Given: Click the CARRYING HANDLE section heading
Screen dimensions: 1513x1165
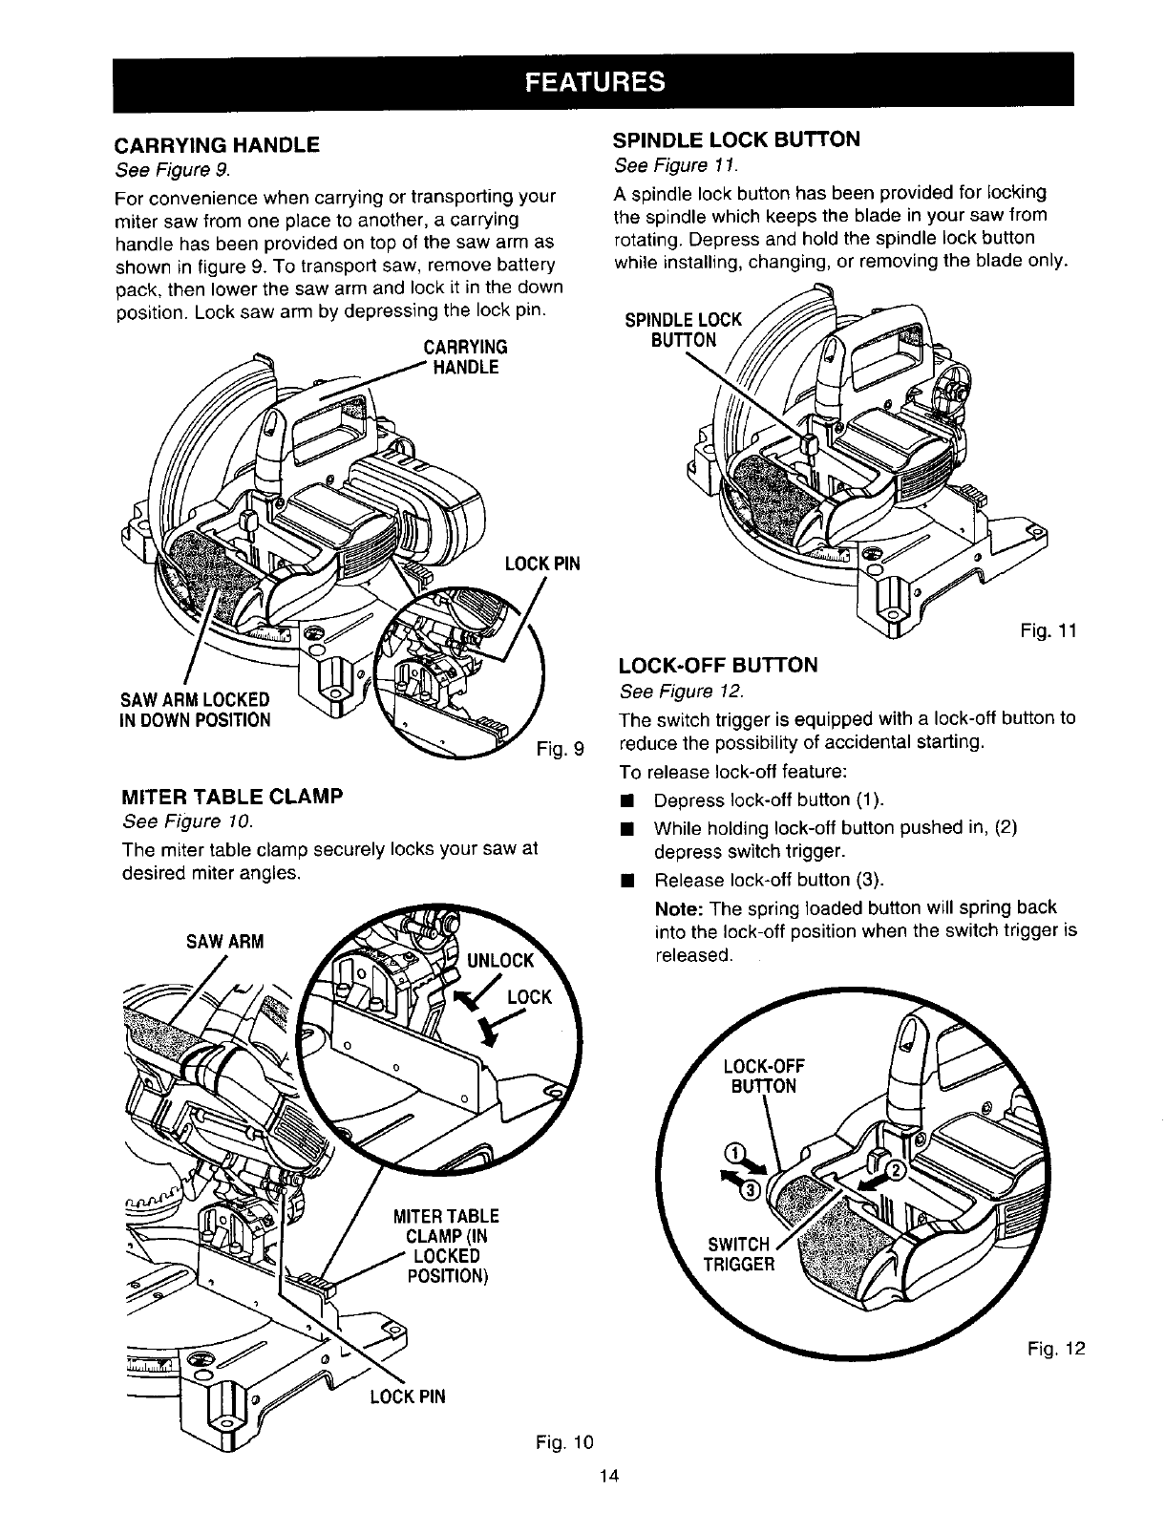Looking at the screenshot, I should (x=216, y=147).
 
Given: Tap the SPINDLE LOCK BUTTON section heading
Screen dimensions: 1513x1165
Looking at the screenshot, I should (x=735, y=139).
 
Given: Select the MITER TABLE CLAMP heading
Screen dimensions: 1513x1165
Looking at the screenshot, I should (x=233, y=796).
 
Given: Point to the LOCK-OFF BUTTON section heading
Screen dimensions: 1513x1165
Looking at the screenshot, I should (x=718, y=666).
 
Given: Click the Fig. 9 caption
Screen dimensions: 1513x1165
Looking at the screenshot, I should (x=561, y=747).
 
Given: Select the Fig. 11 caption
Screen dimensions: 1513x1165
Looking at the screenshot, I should (x=1054, y=631).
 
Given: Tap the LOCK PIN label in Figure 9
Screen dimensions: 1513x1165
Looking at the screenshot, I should (x=542, y=564).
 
